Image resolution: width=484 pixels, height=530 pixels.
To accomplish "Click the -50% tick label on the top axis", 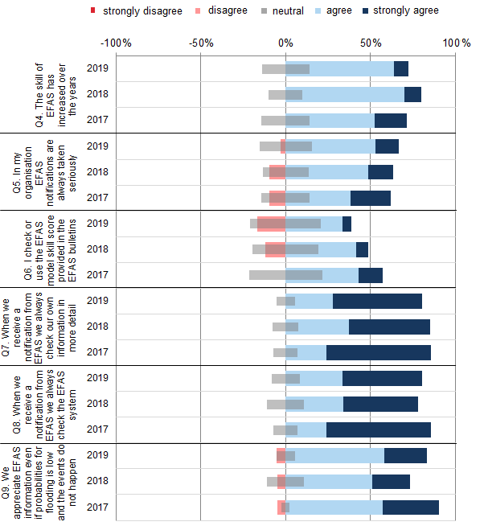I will [199, 42].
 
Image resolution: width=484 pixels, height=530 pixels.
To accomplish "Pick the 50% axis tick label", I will [370, 42].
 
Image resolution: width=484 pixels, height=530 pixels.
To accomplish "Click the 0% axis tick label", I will [285, 42].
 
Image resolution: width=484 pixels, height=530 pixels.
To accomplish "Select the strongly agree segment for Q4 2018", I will [412, 95].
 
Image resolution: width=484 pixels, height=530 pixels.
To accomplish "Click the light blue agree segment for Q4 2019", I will [351, 69].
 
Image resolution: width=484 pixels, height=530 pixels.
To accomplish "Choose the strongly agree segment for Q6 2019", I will [347, 224].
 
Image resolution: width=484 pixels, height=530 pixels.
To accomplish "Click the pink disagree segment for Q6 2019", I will [271, 224].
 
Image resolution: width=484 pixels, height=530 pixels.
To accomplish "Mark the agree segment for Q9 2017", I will [336, 507].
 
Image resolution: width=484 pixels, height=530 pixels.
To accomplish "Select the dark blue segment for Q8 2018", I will [380, 404].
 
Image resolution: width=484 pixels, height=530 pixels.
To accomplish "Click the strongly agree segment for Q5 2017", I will [371, 198].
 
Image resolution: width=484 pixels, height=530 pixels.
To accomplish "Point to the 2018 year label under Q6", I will [97, 249].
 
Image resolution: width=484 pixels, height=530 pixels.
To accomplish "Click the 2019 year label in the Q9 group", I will [97, 455].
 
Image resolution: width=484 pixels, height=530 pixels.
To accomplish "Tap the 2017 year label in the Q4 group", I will [97, 121].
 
